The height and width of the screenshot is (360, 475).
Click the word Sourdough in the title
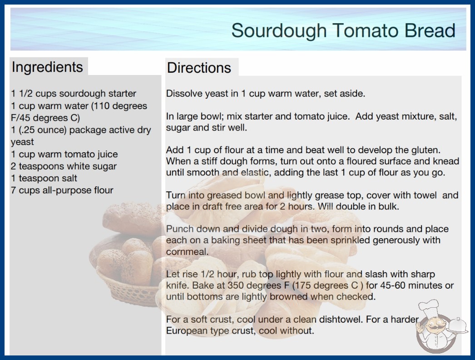[x=279, y=30]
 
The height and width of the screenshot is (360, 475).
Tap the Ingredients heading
[x=47, y=67]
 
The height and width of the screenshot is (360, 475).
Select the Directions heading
[x=199, y=68]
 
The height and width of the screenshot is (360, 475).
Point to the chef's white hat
[x=429, y=308]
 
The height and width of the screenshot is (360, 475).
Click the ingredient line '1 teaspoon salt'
[x=44, y=178]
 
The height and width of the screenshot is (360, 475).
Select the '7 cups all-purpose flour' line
[x=62, y=190]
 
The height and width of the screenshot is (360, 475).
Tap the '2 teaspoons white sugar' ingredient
[x=64, y=166]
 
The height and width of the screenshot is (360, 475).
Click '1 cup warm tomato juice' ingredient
[x=64, y=154]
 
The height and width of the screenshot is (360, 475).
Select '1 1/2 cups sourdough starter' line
[x=74, y=94]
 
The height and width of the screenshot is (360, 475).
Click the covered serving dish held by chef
[x=458, y=325]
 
